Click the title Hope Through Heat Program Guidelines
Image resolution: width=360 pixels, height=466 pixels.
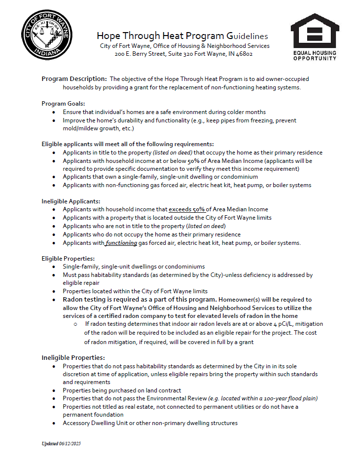182,36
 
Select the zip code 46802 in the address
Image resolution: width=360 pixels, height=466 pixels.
243,54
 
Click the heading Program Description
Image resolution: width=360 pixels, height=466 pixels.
74,79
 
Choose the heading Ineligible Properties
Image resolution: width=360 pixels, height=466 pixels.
73,357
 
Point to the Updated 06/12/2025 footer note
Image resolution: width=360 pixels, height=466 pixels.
61,444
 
